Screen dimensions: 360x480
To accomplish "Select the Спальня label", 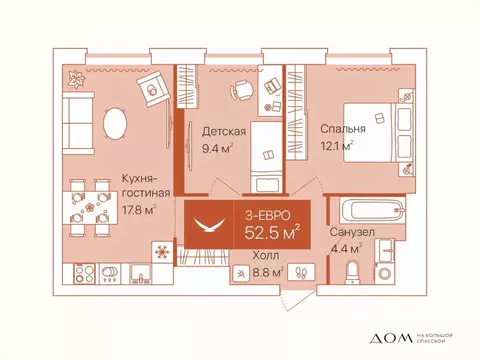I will tap(343, 130).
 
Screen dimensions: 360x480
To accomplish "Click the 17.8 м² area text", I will tap(136, 210).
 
